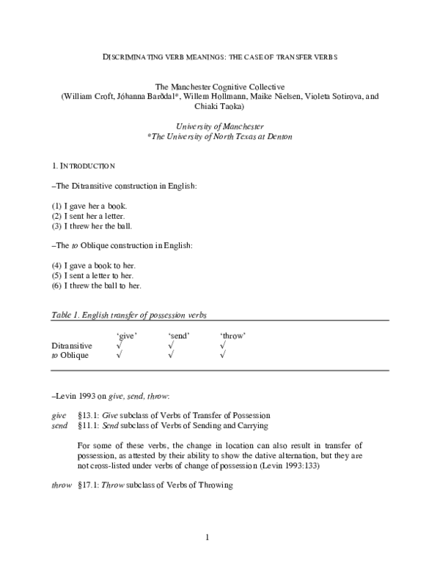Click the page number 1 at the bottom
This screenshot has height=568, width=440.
pyautogui.click(x=208, y=539)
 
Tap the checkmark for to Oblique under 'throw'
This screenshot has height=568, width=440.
pyautogui.click(x=223, y=355)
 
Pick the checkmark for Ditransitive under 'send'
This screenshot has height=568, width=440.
pyautogui.click(x=171, y=345)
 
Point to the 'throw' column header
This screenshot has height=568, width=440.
pyautogui.click(x=232, y=335)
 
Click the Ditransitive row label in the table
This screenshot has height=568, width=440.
pyautogui.click(x=72, y=345)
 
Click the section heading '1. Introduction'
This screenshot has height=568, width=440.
pyautogui.click(x=83, y=167)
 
